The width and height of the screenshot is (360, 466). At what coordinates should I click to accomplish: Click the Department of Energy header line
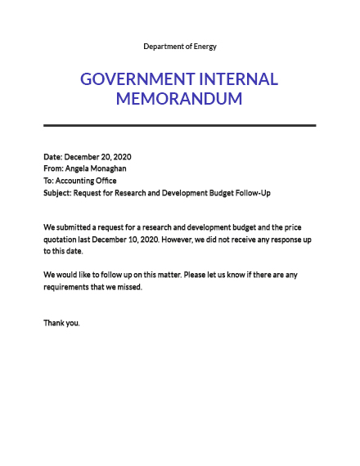(180, 47)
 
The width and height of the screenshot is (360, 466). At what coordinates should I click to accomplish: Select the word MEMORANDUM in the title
(180, 100)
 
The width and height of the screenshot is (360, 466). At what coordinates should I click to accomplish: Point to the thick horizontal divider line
(180, 125)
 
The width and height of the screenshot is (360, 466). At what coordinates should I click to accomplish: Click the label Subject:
(57, 193)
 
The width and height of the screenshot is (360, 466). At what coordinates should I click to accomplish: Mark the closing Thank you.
(62, 323)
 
